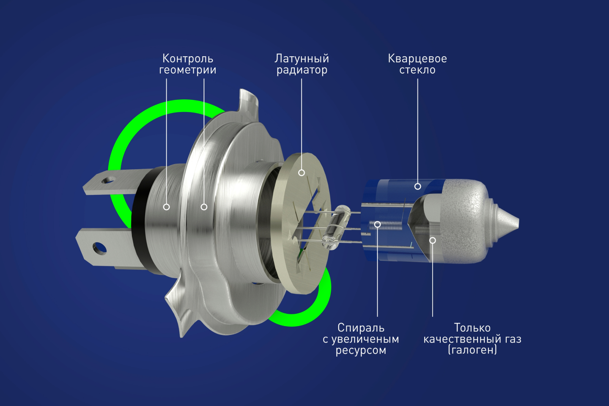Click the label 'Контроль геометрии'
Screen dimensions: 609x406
coord(188,64)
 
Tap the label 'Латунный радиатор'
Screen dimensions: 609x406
coord(302,64)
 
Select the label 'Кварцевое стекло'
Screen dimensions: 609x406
coord(417,64)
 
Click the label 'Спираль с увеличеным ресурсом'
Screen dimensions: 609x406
coord(361,339)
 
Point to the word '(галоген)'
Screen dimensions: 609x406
coord(472,350)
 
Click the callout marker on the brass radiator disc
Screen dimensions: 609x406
coord(302,173)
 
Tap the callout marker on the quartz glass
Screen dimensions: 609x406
coord(417,186)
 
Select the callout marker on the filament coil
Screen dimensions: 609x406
coord(377,224)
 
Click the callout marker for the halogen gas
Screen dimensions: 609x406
coord(433,240)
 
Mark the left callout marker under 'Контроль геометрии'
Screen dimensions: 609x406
coord(166,207)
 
